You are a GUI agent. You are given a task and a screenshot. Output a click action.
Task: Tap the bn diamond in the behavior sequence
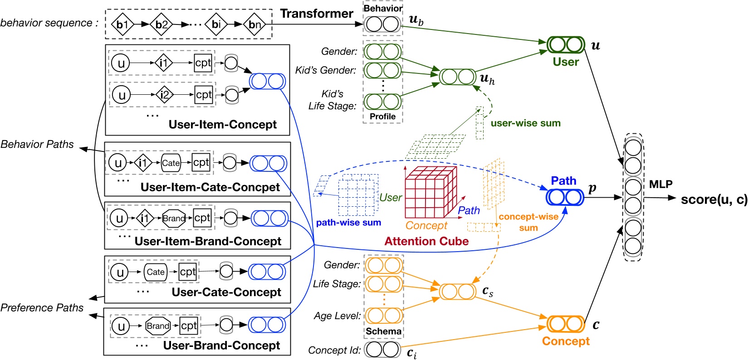click(x=255, y=24)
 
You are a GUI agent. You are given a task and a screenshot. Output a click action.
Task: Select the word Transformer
click(x=316, y=13)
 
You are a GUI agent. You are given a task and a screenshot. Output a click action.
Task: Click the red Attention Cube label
click(x=426, y=241)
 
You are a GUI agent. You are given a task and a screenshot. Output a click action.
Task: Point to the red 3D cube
click(x=431, y=192)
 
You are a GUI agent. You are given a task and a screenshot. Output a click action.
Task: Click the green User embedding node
click(x=566, y=45)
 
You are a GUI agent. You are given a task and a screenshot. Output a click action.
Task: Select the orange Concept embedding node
click(x=565, y=324)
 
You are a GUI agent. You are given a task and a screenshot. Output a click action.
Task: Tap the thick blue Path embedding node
click(x=565, y=197)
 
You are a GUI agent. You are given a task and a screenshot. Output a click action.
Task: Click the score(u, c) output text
click(x=714, y=199)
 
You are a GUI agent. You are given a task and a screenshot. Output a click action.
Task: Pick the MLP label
click(x=661, y=184)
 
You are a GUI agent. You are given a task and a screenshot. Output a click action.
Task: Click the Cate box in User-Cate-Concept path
click(x=156, y=272)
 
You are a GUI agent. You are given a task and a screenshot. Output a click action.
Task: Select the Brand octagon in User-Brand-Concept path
click(x=158, y=326)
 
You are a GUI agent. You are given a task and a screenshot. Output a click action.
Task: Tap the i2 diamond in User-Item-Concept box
click(x=164, y=95)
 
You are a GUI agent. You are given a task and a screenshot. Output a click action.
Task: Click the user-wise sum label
click(x=525, y=123)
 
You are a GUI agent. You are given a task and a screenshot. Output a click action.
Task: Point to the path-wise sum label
click(x=348, y=223)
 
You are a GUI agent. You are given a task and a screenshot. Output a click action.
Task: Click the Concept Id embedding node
click(x=382, y=350)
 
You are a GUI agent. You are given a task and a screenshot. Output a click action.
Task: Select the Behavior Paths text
click(x=37, y=144)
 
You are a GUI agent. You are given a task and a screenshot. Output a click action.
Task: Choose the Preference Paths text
click(x=42, y=307)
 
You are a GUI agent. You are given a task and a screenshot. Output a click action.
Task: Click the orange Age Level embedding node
click(x=383, y=316)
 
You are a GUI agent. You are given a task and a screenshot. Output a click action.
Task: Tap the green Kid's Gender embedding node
click(x=382, y=70)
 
